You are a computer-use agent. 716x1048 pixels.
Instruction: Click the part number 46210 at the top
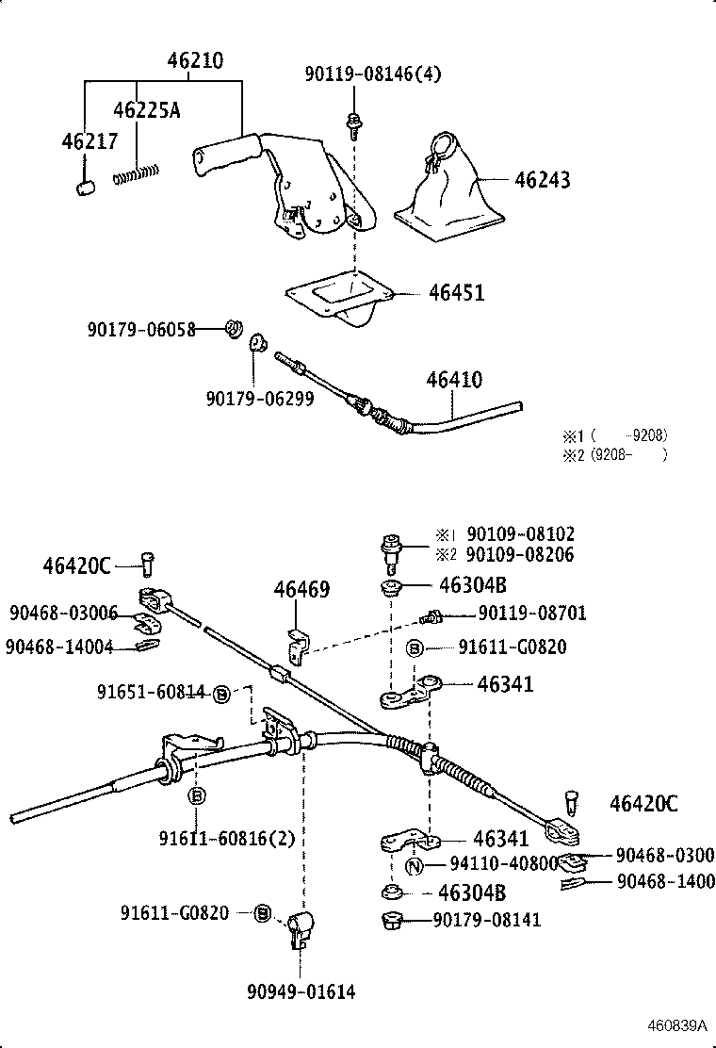point(195,61)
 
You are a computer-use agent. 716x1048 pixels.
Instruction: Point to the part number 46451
point(456,293)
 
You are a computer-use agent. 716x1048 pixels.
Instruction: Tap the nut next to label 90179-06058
point(232,329)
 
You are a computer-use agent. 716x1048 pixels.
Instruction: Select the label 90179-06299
point(259,399)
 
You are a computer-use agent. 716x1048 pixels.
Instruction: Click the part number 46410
point(454,380)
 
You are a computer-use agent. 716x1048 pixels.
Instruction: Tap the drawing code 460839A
point(677,1025)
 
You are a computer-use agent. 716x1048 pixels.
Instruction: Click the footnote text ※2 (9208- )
point(615,454)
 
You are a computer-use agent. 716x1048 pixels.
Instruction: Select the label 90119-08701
point(532,614)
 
